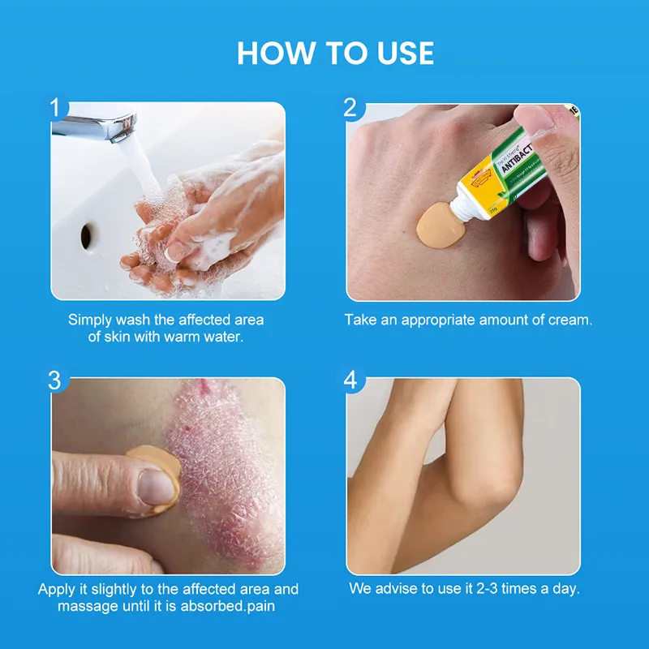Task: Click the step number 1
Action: point(55,107)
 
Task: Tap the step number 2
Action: point(350,107)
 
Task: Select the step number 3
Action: point(55,380)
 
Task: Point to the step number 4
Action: point(350,380)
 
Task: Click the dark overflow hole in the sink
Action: point(87,235)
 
